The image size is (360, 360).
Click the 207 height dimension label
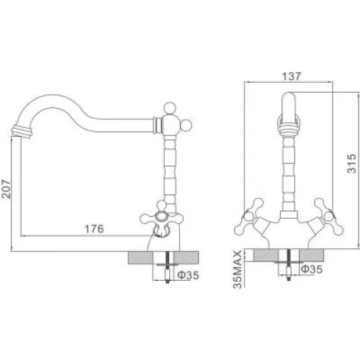[6, 189]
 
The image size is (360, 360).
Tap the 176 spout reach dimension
[94, 229]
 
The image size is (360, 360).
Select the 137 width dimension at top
[291, 76]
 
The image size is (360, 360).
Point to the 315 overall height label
[352, 163]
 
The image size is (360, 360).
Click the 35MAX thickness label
[238, 269]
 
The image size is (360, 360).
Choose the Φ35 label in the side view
[189, 275]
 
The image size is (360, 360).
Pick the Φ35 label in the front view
[312, 269]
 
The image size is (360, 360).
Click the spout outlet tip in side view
[21, 132]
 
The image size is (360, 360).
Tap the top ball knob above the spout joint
[170, 108]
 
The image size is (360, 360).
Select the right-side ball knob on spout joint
[186, 125]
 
